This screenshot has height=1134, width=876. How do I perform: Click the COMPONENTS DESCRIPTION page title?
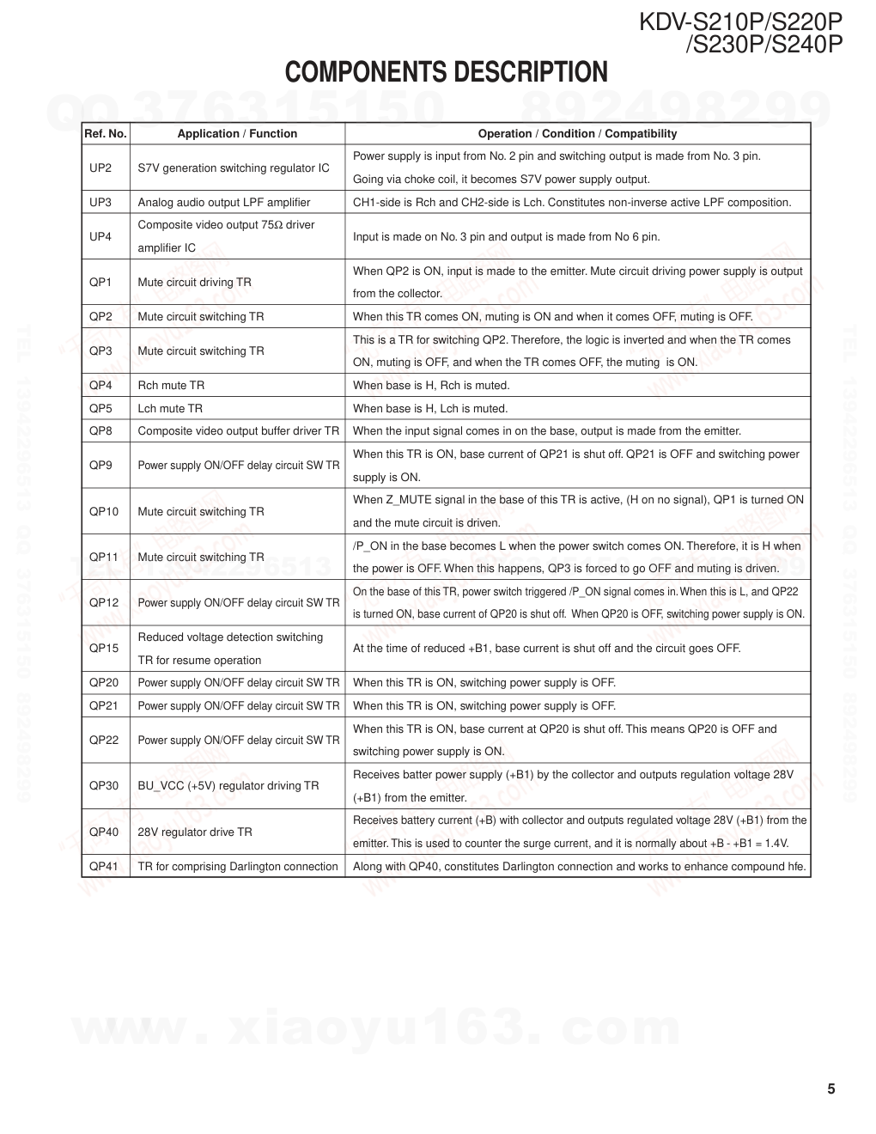[446, 72]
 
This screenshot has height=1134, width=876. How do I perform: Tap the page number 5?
[830, 1089]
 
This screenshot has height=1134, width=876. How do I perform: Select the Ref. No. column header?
[105, 133]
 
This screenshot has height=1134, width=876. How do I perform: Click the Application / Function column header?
[237, 133]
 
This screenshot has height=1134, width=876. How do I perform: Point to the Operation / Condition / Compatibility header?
[577, 133]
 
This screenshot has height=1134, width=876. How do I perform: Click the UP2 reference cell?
[100, 168]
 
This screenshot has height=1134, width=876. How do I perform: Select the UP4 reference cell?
[100, 236]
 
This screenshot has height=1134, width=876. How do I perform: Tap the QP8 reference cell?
[100, 430]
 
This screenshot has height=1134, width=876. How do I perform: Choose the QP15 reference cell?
[104, 649]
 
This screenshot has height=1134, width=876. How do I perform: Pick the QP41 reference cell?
[104, 866]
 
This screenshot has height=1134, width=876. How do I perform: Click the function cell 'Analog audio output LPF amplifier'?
[224, 202]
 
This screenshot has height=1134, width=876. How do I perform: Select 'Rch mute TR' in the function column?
[171, 385]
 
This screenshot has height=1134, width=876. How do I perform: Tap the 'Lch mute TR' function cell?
[170, 408]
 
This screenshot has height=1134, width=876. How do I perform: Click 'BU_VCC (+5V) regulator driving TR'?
[228, 785]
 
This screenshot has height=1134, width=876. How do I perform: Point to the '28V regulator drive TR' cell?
[195, 832]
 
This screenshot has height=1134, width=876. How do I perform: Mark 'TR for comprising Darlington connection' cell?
[238, 866]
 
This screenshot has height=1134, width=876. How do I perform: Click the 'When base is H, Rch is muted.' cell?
[431, 385]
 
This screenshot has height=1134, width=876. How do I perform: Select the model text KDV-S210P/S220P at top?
[740, 21]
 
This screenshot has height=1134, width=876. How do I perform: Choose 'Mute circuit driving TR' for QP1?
[195, 282]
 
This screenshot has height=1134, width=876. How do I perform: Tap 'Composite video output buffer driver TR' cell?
[238, 430]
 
